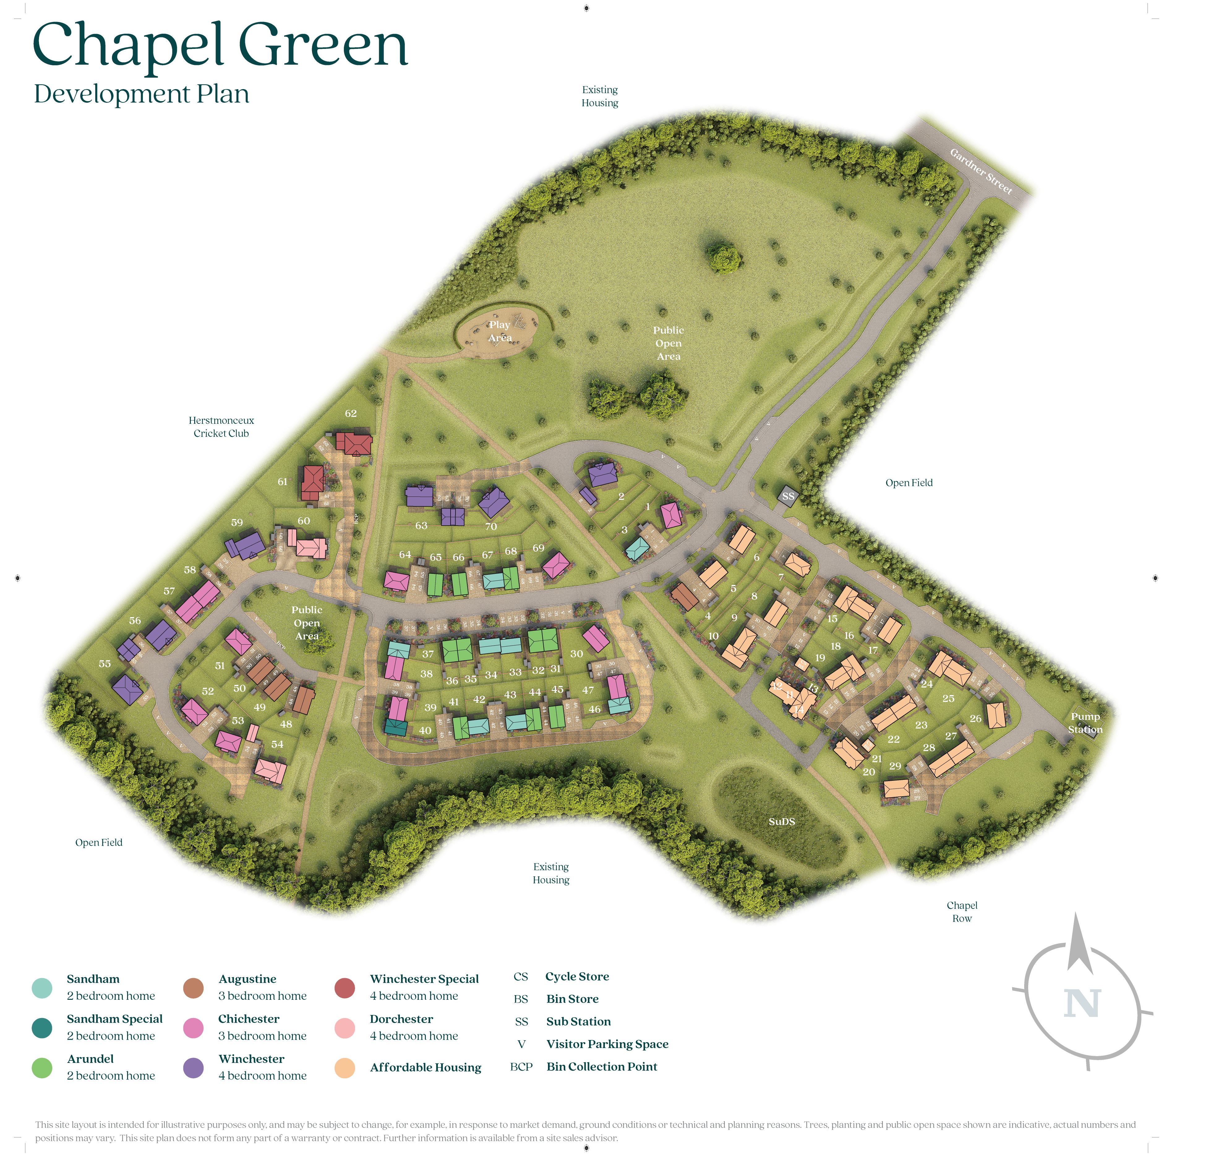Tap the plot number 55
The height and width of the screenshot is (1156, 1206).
tap(105, 664)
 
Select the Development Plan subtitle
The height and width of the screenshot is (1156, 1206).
tap(142, 94)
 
